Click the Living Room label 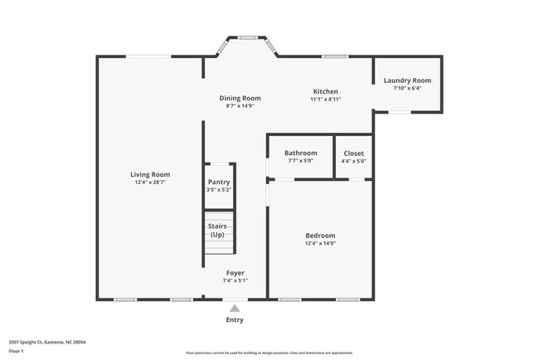click(x=150, y=174)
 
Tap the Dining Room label click(x=240, y=98)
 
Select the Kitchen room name click(x=325, y=91)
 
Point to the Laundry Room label click(x=407, y=80)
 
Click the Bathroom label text click(x=300, y=153)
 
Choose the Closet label click(x=353, y=153)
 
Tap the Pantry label click(x=219, y=182)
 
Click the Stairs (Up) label click(x=217, y=230)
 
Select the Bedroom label click(x=320, y=236)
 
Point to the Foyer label click(x=236, y=273)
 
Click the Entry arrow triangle click(x=235, y=308)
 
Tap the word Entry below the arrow click(x=235, y=320)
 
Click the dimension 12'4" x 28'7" click(x=150, y=182)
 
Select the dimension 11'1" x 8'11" click(x=325, y=99)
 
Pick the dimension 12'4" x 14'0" click(x=320, y=243)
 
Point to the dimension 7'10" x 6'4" click(x=407, y=88)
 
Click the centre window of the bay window click(x=247, y=38)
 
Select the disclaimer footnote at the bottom click(x=269, y=352)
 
